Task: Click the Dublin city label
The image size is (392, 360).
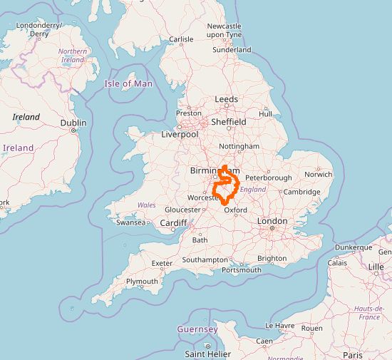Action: [x=73, y=123]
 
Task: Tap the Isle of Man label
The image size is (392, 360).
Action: [x=128, y=83]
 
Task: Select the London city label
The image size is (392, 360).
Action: [x=272, y=222]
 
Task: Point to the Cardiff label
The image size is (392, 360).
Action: [x=173, y=222]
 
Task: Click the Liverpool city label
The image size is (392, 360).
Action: [x=180, y=134]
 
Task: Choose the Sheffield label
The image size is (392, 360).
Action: [x=228, y=122]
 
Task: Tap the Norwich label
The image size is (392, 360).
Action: [x=318, y=174]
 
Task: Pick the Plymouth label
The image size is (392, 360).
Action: [x=142, y=282]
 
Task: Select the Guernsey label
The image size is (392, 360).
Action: [x=197, y=329]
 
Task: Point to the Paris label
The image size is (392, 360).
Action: [x=352, y=354]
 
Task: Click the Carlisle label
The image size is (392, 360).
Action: [x=181, y=39]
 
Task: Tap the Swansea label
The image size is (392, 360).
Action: [x=131, y=222]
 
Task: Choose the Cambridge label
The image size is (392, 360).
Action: [x=301, y=192]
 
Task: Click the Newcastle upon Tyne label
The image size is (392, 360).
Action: [x=224, y=30]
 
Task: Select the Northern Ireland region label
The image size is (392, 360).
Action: [x=73, y=56]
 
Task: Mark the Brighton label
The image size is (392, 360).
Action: [x=272, y=259]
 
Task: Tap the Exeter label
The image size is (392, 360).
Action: [x=162, y=263]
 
